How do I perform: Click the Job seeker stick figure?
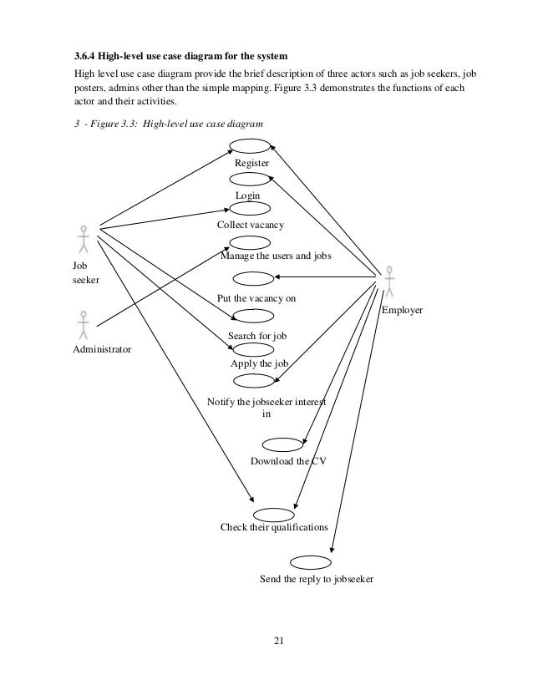(83, 238)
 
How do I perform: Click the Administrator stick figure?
(83, 324)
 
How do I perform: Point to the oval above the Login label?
(249, 179)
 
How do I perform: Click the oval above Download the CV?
(282, 444)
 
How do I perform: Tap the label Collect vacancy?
(251, 226)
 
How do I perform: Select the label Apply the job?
(259, 364)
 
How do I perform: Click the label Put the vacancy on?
(256, 297)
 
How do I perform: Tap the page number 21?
(279, 641)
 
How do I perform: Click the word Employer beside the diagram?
(402, 310)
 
